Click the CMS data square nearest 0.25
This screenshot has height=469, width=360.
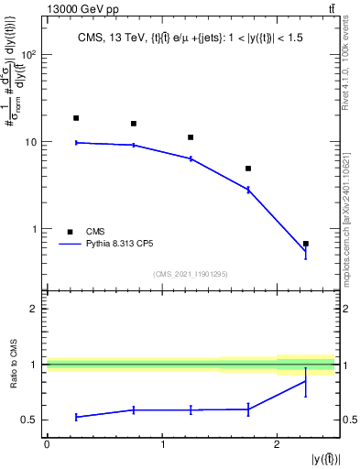click(x=76, y=118)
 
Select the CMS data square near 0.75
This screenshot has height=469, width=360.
click(x=134, y=124)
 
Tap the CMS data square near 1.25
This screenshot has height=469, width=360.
click(x=191, y=137)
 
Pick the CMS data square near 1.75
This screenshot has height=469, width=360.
click(x=248, y=169)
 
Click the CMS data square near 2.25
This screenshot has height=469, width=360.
click(x=305, y=244)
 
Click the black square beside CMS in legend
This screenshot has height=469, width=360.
click(x=69, y=232)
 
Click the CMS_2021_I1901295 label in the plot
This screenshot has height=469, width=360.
click(x=191, y=274)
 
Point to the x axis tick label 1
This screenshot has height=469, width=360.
click(x=162, y=444)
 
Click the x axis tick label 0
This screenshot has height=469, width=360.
click(x=47, y=444)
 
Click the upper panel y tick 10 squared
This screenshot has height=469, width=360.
click(x=29, y=55)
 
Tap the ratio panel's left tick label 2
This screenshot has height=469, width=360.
click(x=33, y=309)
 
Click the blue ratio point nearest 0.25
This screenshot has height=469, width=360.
click(x=76, y=417)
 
